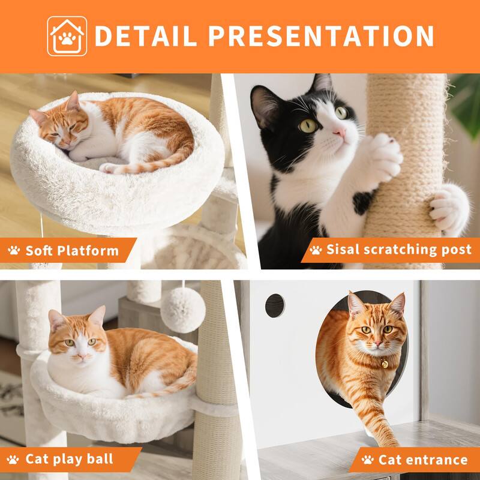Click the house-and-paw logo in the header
click(67, 35)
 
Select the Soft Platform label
click(71, 250)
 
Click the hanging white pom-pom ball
click(183, 310)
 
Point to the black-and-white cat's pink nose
click(340, 131)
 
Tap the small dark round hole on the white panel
click(275, 305)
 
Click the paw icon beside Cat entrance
click(367, 460)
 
